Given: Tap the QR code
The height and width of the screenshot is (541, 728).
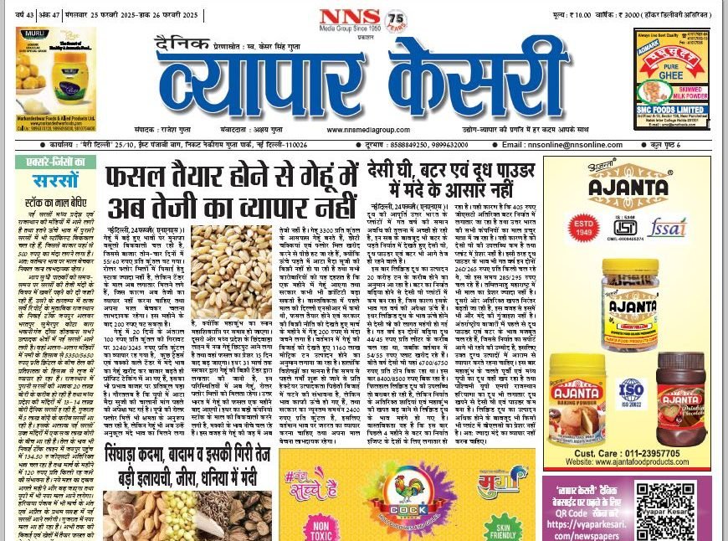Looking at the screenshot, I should (665, 508).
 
